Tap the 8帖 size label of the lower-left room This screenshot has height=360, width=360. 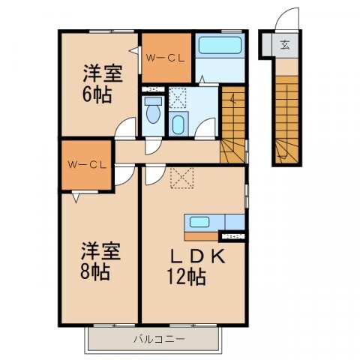point(97,271)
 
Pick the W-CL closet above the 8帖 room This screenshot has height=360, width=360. point(85,163)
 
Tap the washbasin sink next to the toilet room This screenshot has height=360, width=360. point(178,124)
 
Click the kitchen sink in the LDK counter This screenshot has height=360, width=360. point(201,222)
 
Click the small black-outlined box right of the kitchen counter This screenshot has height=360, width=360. point(234,237)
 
